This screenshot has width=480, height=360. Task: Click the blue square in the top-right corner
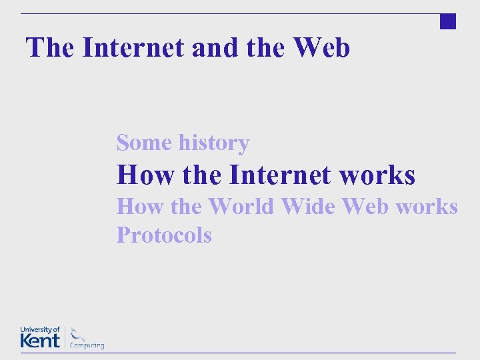[448, 21]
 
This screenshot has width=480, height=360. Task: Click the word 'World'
[241, 207]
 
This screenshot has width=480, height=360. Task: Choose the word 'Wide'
[308, 207]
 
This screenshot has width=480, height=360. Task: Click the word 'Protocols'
[164, 235]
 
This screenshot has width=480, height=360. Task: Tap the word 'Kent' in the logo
[40, 341]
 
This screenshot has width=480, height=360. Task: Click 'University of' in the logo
[40, 330]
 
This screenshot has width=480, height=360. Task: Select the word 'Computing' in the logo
[87, 345]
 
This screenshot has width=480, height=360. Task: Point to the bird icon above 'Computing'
[78, 333]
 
